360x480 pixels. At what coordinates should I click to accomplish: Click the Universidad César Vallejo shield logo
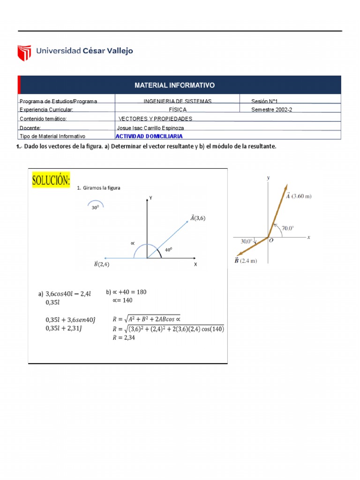click(x=24, y=53)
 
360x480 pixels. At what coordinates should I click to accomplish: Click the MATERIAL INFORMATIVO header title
click(x=174, y=85)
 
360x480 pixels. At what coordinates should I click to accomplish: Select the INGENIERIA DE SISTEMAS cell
click(x=178, y=101)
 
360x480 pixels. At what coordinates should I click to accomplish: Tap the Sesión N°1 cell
click(x=266, y=101)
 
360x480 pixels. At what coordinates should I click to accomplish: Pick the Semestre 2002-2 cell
click(x=275, y=110)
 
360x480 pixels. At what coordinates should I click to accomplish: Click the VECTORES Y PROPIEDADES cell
click(x=156, y=119)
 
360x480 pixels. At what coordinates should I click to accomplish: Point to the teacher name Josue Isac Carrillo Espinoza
click(x=150, y=127)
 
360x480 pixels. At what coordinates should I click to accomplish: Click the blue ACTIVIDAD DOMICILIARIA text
click(x=149, y=136)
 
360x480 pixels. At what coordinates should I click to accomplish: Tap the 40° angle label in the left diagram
click(x=168, y=250)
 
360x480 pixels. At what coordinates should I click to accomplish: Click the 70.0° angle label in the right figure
click(x=288, y=228)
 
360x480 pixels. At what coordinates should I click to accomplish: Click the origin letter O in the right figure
click(x=271, y=242)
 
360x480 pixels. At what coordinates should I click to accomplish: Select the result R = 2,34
click(x=124, y=337)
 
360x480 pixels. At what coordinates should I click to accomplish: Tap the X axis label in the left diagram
click(x=195, y=264)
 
